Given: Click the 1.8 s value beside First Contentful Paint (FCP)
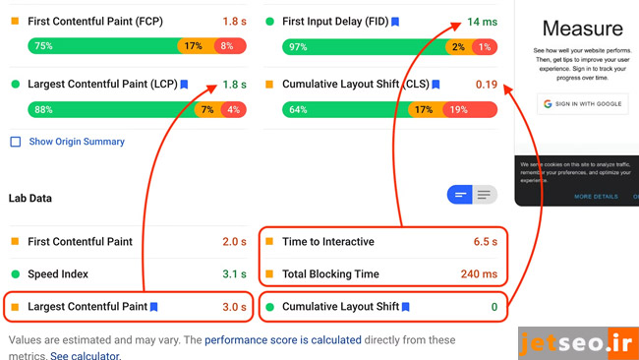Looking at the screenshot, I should [234, 21].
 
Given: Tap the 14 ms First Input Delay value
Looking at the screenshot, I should [482, 21].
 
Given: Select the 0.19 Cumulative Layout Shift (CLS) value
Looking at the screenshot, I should [486, 85].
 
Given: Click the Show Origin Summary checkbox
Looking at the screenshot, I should [15, 142].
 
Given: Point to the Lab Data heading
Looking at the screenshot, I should [29, 198].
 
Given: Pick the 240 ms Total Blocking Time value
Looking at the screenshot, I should [479, 273].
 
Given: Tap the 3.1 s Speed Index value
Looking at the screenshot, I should [234, 273].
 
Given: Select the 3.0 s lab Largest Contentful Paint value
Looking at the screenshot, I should [234, 307].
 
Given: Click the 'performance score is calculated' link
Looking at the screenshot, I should [269, 340].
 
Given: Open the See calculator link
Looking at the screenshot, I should [86, 355].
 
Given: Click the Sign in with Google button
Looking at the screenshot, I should [582, 103].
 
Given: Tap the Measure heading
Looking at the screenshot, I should [582, 29].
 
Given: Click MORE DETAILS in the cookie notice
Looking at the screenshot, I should [596, 197].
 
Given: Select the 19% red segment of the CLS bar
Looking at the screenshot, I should [458, 110].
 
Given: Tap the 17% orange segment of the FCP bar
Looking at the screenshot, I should [193, 46].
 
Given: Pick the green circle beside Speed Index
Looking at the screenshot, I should [15, 274].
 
